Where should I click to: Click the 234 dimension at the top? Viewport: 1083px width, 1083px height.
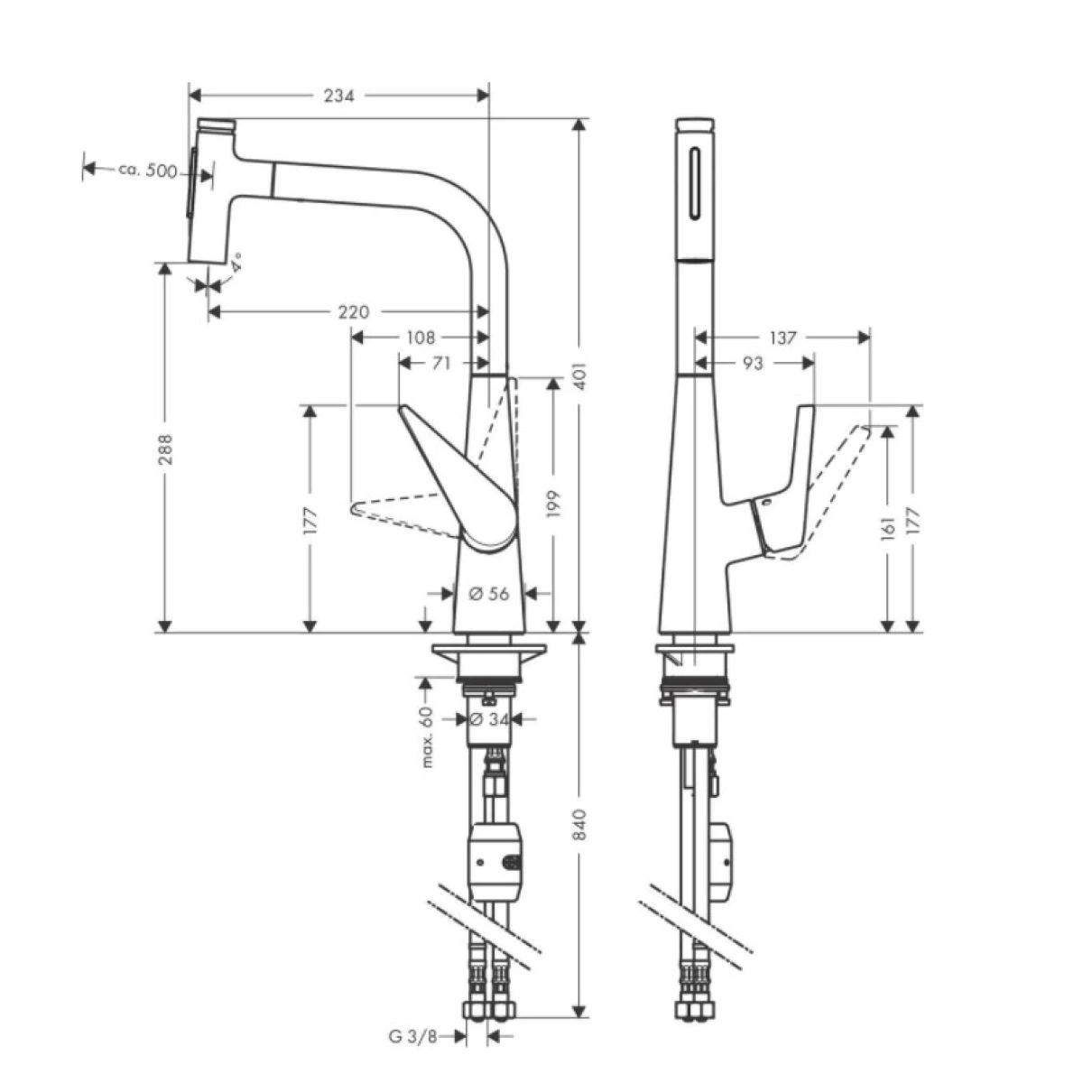tap(339, 96)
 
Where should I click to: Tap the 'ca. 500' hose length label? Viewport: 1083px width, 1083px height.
tap(148, 170)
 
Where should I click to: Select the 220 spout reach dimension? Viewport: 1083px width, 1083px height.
tap(354, 312)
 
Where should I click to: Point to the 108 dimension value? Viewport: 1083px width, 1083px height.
tap(421, 338)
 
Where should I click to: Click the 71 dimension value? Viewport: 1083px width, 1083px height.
tap(441, 364)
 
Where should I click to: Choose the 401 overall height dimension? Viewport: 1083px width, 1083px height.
tap(580, 376)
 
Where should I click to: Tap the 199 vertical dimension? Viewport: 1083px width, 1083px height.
tap(553, 504)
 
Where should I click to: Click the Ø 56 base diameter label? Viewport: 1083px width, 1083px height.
tap(489, 594)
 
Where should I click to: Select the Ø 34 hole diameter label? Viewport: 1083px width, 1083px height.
tap(489, 718)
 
